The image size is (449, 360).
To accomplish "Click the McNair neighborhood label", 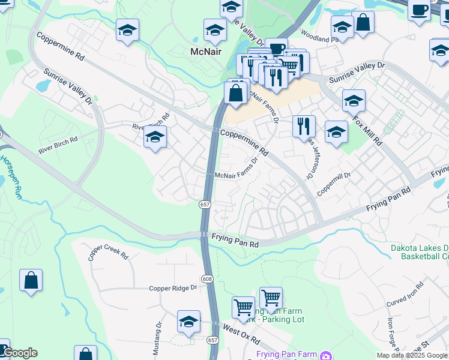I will click(206, 52).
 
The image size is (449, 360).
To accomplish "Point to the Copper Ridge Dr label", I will click(173, 288).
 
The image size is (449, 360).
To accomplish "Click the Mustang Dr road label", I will click(158, 339).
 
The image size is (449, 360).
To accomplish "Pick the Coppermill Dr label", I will click(334, 183).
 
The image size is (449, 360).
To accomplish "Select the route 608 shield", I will click(207, 278).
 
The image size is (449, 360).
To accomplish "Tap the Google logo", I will click(19, 353).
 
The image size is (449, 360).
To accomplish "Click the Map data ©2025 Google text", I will click(412, 355).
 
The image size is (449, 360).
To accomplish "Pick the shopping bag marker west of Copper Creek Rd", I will click(31, 280).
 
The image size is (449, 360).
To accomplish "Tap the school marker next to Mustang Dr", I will click(188, 322).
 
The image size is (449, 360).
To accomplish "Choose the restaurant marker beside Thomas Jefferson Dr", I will click(304, 126).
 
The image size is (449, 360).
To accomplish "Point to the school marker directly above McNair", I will click(215, 30).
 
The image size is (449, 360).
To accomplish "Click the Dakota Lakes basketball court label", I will click(420, 252).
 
